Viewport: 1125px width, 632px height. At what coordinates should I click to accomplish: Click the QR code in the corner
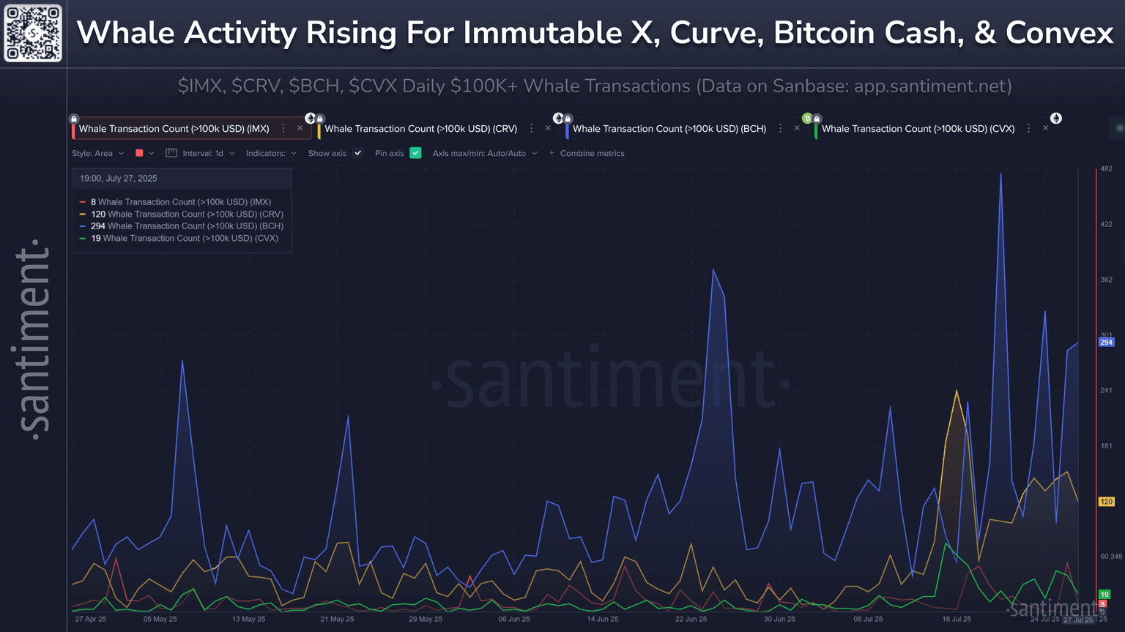click(33, 33)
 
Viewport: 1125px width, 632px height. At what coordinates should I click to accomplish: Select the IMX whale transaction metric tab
click(174, 129)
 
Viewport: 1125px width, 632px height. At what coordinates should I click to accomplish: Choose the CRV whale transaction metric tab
click(420, 129)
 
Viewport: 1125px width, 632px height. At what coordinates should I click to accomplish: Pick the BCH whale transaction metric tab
click(669, 129)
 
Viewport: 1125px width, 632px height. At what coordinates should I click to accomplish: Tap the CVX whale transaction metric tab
click(918, 129)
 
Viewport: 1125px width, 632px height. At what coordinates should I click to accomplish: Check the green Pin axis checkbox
click(415, 153)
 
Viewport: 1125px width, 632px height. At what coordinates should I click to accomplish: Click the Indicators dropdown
click(271, 154)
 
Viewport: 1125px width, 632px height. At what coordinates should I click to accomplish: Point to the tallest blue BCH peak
click(1000, 174)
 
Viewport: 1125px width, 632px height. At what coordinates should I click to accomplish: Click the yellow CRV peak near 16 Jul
click(957, 391)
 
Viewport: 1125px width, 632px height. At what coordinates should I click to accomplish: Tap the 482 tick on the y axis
click(1106, 169)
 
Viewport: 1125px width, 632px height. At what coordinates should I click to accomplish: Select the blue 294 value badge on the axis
click(1106, 342)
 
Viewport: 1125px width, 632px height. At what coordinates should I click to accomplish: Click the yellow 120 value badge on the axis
click(1106, 502)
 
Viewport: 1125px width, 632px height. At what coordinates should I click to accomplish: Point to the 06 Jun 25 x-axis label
click(514, 620)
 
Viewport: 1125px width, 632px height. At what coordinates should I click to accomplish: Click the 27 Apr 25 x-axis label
click(91, 620)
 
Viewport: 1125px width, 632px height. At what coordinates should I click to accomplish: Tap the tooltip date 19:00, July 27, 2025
click(119, 179)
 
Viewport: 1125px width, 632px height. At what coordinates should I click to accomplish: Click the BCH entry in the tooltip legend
click(187, 226)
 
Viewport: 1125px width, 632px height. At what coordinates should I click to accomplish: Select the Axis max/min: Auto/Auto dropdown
click(484, 154)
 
